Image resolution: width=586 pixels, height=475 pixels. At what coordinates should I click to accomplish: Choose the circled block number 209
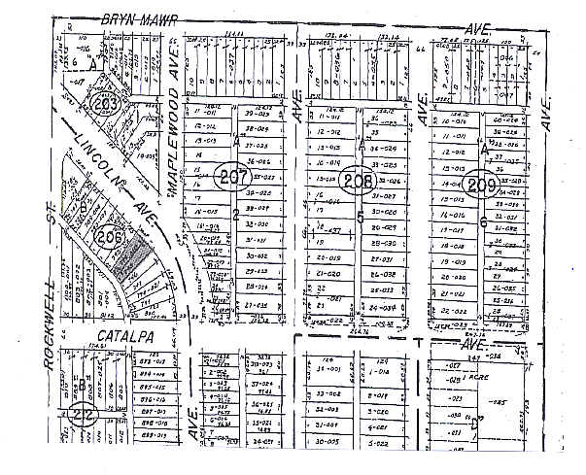click(478, 183)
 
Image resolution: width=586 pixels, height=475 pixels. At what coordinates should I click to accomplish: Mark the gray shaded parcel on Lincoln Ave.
click(131, 259)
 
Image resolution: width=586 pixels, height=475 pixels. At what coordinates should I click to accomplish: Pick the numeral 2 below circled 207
click(235, 215)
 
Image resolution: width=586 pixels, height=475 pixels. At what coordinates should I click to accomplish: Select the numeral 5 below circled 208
click(361, 218)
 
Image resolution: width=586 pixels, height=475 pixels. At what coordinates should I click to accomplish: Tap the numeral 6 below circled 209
click(482, 221)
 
